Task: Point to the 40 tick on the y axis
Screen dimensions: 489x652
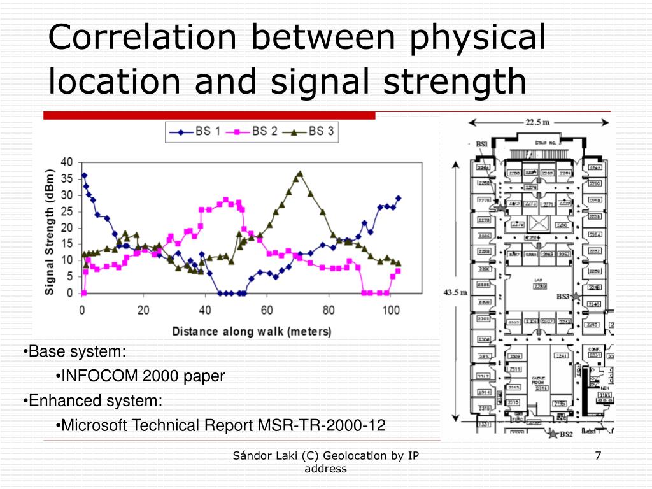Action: [x=67, y=162]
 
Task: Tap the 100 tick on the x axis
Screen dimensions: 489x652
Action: [x=390, y=310]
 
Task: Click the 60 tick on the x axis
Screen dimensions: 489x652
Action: [x=267, y=310]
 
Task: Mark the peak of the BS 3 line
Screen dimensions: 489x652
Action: [x=300, y=173]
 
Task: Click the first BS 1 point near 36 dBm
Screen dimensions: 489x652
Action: [x=84, y=176]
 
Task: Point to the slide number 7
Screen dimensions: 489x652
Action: [x=598, y=455]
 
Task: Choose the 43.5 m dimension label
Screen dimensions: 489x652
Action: [x=456, y=292]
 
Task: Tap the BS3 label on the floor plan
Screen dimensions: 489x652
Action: [x=562, y=297]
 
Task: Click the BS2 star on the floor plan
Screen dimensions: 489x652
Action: [x=552, y=434]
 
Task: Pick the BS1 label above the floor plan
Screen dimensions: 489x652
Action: [x=483, y=145]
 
